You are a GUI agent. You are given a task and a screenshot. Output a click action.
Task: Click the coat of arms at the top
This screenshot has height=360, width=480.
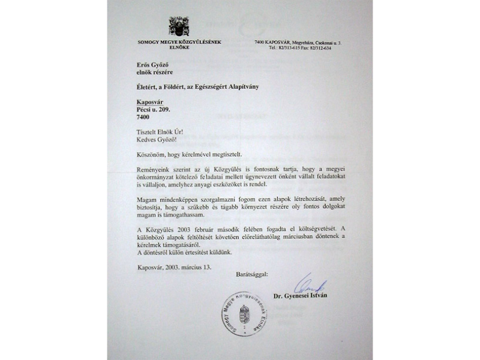(179, 26)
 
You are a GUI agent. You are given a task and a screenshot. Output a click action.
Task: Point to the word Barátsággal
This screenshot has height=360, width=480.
(253, 274)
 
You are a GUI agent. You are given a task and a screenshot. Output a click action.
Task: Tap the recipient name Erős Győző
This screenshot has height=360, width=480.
(153, 64)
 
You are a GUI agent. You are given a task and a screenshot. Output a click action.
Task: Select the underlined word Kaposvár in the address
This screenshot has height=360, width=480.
(150, 102)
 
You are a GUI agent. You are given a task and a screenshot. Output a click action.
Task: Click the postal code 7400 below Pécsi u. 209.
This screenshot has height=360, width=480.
(143, 118)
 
